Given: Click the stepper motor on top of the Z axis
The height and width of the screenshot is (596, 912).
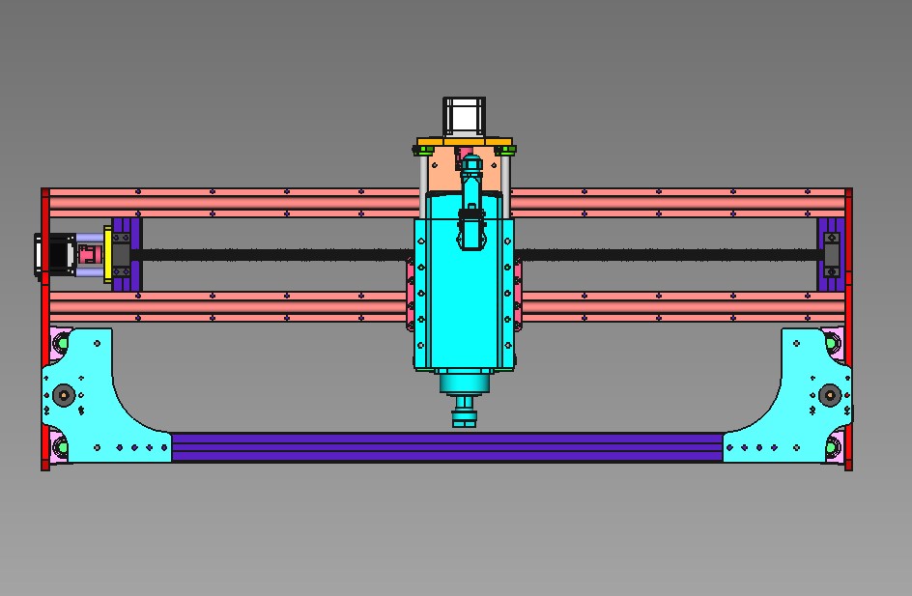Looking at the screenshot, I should (464, 116).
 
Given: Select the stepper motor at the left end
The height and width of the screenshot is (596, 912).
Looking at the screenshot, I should (56, 255).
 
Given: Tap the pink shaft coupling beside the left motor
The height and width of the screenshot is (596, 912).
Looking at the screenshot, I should (89, 255).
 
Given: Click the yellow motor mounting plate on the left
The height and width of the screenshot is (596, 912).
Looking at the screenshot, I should (108, 255).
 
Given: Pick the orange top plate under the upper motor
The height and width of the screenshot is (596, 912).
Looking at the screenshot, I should (464, 143).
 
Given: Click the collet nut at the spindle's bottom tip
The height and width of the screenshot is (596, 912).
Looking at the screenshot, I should (464, 418).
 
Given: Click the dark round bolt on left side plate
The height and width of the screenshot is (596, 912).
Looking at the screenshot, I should (64, 394).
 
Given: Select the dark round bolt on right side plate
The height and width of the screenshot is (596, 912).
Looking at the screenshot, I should (829, 394).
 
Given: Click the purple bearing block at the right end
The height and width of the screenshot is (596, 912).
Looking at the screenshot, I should (829, 254).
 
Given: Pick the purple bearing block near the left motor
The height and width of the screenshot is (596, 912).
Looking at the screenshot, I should (125, 254).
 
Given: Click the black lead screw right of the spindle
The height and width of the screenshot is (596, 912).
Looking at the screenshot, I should (667, 255).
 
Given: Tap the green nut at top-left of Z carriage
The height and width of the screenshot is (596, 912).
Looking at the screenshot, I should (425, 150).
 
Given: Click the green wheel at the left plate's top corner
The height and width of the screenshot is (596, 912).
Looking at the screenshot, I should (62, 342).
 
